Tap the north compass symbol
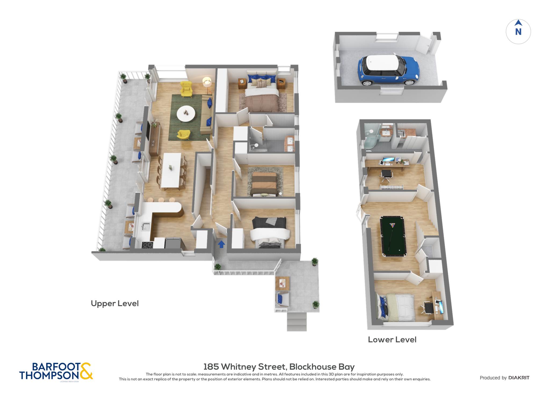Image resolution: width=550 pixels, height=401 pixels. click(518, 31)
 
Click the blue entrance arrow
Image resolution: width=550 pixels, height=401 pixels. click(221, 244)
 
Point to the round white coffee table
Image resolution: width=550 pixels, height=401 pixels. click(186, 113)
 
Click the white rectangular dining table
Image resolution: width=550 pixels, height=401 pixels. click(171, 170)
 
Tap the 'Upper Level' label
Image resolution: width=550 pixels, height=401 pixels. click(115, 303)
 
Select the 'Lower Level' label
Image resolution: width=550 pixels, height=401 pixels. click(392, 340)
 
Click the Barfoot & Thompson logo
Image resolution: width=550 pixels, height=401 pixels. click(56, 372)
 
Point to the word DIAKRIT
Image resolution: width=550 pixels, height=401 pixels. click(519, 378)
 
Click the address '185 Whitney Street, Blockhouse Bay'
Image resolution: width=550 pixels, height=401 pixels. click(279, 367)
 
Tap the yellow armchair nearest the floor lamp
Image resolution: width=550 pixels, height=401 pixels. click(186, 89)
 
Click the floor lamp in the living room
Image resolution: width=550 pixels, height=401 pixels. click(207, 83)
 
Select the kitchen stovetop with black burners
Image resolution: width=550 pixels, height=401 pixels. click(147, 245)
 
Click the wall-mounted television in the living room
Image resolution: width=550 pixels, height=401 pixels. click(148, 130)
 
